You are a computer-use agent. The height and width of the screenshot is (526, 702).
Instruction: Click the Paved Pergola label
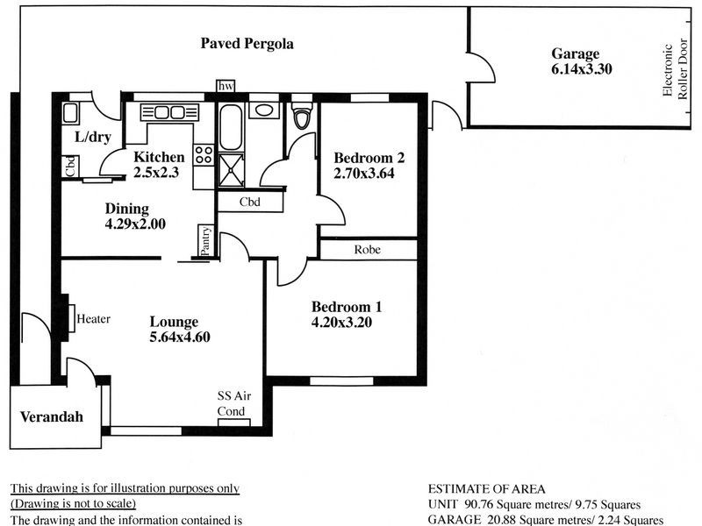click(247, 44)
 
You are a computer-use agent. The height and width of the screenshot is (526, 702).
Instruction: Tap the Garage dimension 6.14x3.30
click(581, 69)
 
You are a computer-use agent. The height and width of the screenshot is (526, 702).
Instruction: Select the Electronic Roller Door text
click(675, 69)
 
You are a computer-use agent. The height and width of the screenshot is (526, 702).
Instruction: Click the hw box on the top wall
click(226, 86)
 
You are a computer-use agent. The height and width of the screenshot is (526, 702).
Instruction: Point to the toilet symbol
click(302, 114)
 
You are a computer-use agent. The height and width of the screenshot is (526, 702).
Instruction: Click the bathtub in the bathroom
click(231, 128)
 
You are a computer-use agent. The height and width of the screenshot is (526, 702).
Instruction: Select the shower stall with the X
click(231, 170)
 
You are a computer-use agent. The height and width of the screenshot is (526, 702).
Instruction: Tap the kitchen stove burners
click(204, 155)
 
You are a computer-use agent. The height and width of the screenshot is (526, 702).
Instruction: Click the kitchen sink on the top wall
click(169, 112)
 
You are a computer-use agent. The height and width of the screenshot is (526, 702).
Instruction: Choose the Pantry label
click(205, 241)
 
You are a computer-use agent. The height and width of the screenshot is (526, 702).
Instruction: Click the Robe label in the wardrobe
click(367, 250)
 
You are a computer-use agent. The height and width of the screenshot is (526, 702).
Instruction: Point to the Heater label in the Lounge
click(93, 319)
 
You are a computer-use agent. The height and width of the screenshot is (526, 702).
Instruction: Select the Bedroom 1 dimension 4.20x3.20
click(341, 322)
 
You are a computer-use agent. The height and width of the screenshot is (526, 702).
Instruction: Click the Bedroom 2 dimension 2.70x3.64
click(364, 173)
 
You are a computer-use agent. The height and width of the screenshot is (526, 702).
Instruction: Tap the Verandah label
click(52, 417)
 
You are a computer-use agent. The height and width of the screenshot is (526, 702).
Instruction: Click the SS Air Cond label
click(233, 403)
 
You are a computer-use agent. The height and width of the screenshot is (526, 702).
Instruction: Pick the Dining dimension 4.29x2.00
click(135, 224)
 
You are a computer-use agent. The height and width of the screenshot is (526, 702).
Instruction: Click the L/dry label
click(93, 137)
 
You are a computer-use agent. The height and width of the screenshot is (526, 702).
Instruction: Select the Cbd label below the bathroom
click(250, 203)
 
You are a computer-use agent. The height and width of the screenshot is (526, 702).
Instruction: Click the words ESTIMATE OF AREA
click(487, 489)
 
